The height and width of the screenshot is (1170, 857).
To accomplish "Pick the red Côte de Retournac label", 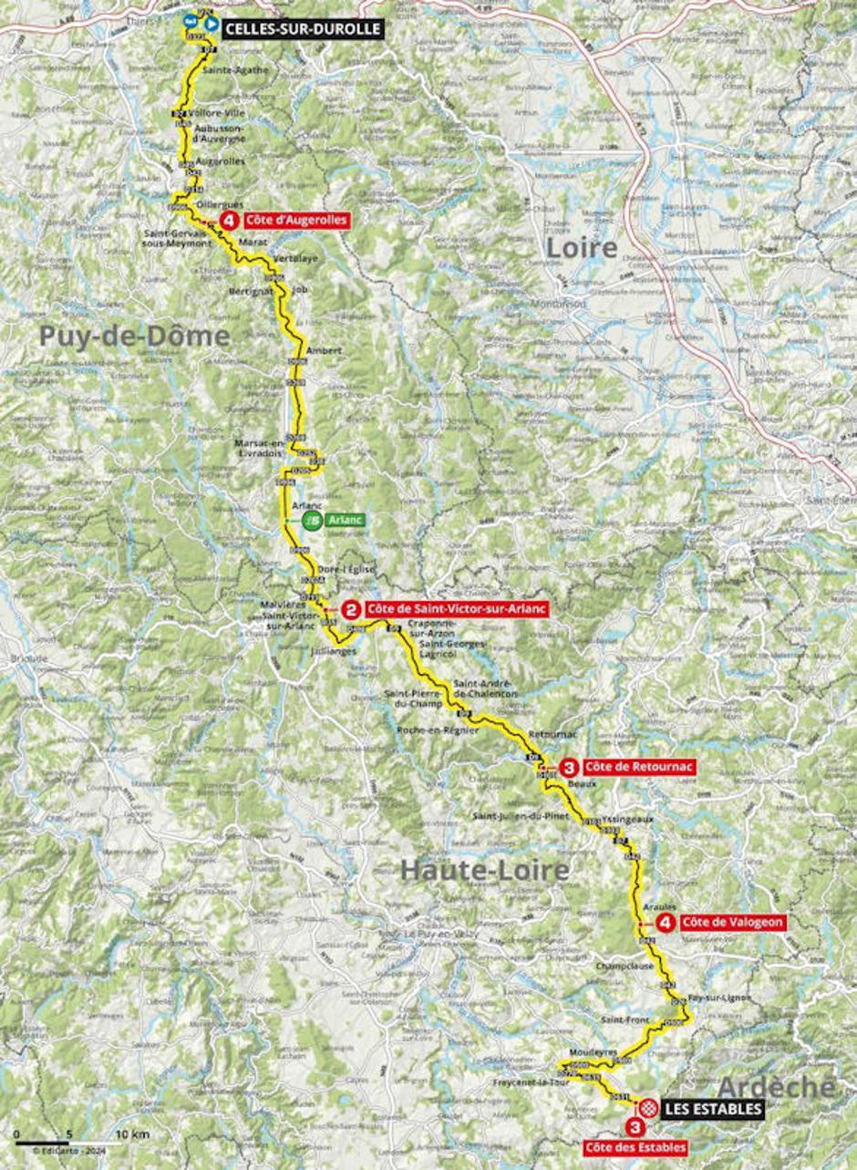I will tap(637, 767).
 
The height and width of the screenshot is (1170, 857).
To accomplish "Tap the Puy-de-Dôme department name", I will tap(134, 337).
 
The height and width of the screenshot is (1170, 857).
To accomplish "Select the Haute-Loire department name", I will tap(485, 870).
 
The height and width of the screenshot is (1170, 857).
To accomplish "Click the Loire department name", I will tap(581, 247).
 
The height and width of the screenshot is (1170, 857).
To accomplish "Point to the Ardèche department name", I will tap(775, 1086).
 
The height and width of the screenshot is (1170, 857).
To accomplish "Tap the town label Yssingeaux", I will tap(628, 819).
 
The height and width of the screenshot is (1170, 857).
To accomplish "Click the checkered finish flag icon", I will tap(647, 1108).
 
